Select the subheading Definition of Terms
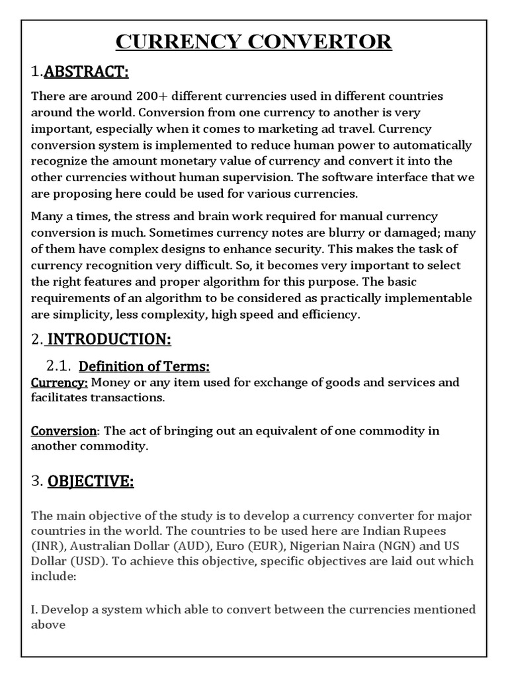144,366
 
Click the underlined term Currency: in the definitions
60,382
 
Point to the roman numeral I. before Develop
34,609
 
